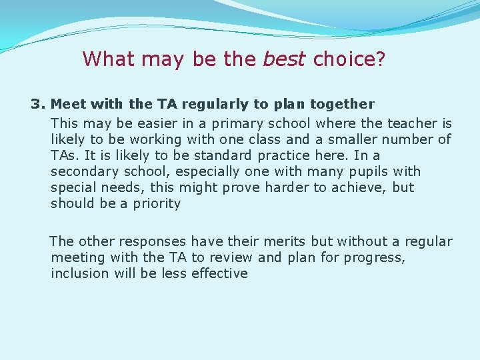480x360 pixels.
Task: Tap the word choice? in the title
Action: [x=349, y=59]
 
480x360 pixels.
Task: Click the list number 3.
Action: [x=37, y=104]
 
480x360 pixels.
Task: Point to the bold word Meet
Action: [x=68, y=104]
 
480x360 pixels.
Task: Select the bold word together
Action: [x=342, y=104]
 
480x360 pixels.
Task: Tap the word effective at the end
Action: [x=219, y=273]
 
